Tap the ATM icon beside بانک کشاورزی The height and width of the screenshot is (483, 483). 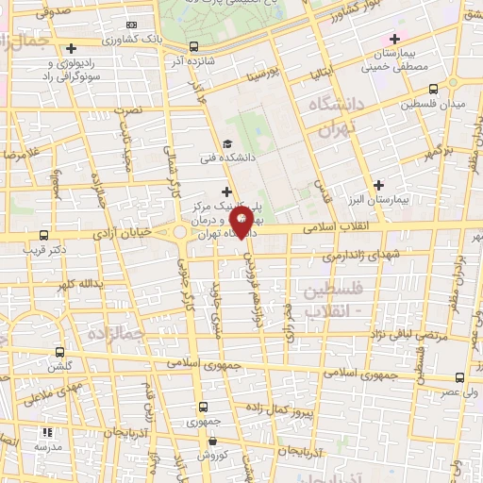(130, 25)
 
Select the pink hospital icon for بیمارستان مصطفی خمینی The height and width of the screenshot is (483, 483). (394, 39)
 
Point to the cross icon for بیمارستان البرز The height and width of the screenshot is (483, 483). (379, 185)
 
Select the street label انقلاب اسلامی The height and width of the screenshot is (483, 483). (367, 227)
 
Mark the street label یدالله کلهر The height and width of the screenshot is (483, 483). (75, 284)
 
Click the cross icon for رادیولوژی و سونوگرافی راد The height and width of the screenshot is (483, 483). (72, 48)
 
